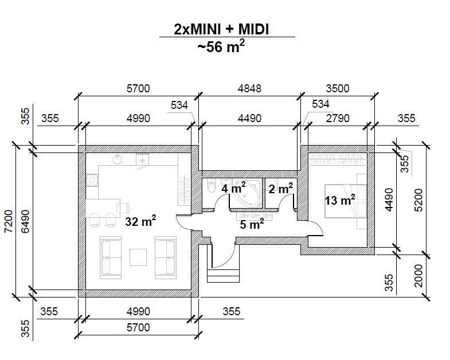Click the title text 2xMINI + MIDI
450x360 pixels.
coord(221,29)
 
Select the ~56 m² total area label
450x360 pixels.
coord(221,46)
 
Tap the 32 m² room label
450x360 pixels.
coord(140,221)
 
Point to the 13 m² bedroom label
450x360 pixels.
coord(340,200)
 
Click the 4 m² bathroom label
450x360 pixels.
coord(233,188)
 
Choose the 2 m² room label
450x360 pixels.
coord(281,189)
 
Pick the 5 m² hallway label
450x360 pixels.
coord(252,224)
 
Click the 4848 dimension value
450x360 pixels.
coord(249,88)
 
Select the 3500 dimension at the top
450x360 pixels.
coord(338,88)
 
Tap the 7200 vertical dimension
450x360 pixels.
coord(9,221)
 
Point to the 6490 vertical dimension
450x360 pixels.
coord(25,221)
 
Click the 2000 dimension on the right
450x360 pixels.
coord(419,276)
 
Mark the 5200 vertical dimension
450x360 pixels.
coord(419,200)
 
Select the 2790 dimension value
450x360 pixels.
coord(338,118)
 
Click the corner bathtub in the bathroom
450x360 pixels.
coord(248,193)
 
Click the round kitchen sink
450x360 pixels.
coord(117,159)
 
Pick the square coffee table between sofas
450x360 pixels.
coord(138,257)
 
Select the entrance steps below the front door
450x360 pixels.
coord(223,275)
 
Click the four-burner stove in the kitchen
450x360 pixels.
coord(92,181)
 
